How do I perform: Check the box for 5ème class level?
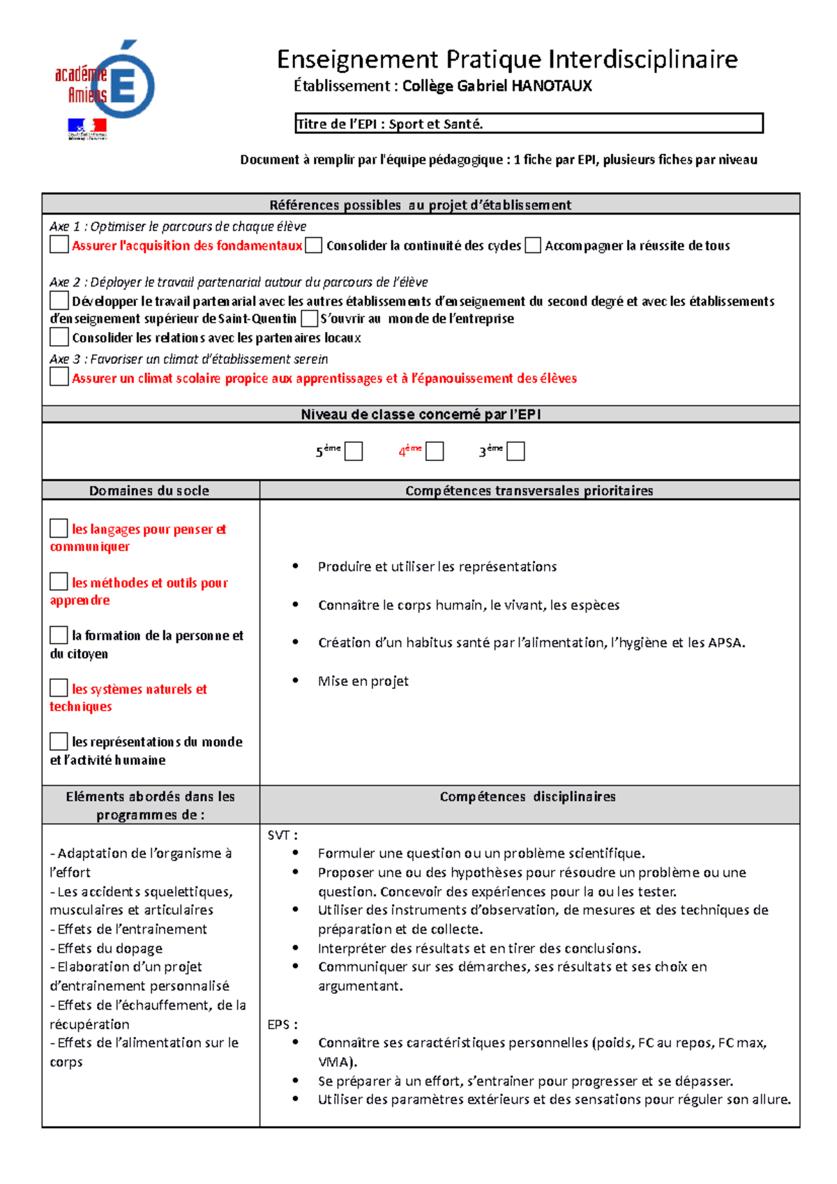click(354, 451)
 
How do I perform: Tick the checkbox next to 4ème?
click(435, 451)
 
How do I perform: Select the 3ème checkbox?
click(515, 451)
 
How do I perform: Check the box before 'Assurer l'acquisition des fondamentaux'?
click(59, 245)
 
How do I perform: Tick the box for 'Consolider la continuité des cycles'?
click(314, 245)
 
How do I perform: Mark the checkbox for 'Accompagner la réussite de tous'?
click(533, 245)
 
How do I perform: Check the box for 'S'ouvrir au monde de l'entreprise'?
click(309, 319)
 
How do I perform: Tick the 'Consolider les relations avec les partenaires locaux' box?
click(59, 337)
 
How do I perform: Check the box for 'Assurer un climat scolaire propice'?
click(59, 377)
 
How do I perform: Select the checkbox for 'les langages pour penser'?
click(59, 529)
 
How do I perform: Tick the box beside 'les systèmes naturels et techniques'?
click(59, 688)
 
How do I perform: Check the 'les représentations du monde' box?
click(59, 741)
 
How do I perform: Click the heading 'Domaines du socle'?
click(149, 490)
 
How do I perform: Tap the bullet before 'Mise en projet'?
click(296, 680)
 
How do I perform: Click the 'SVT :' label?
click(282, 835)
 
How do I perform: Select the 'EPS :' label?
click(282, 1024)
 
